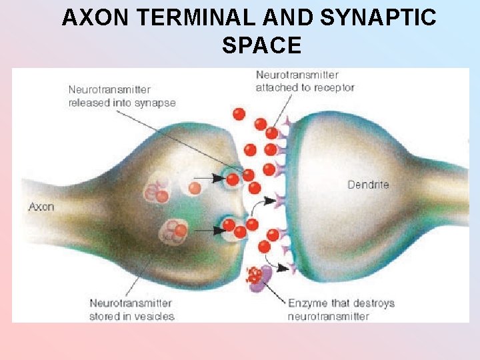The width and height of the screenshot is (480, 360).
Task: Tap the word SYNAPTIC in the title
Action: (379, 18)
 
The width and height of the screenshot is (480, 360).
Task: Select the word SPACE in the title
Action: (261, 45)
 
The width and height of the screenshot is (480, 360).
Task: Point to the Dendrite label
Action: (368, 185)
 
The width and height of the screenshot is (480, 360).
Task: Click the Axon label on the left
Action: (41, 207)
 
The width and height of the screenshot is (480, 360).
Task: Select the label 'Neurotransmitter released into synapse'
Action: (122, 96)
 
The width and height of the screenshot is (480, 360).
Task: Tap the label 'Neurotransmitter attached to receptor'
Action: (305, 81)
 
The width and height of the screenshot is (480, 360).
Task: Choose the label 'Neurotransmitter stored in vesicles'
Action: (132, 310)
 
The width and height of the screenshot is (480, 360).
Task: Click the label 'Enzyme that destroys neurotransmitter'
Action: (341, 310)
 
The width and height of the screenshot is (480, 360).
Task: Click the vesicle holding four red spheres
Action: (175, 231)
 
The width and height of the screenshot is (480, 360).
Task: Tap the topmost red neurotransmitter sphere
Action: (239, 114)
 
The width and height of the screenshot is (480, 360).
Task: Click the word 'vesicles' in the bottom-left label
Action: (153, 317)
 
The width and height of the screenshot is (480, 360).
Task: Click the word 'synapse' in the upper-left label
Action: (154, 103)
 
